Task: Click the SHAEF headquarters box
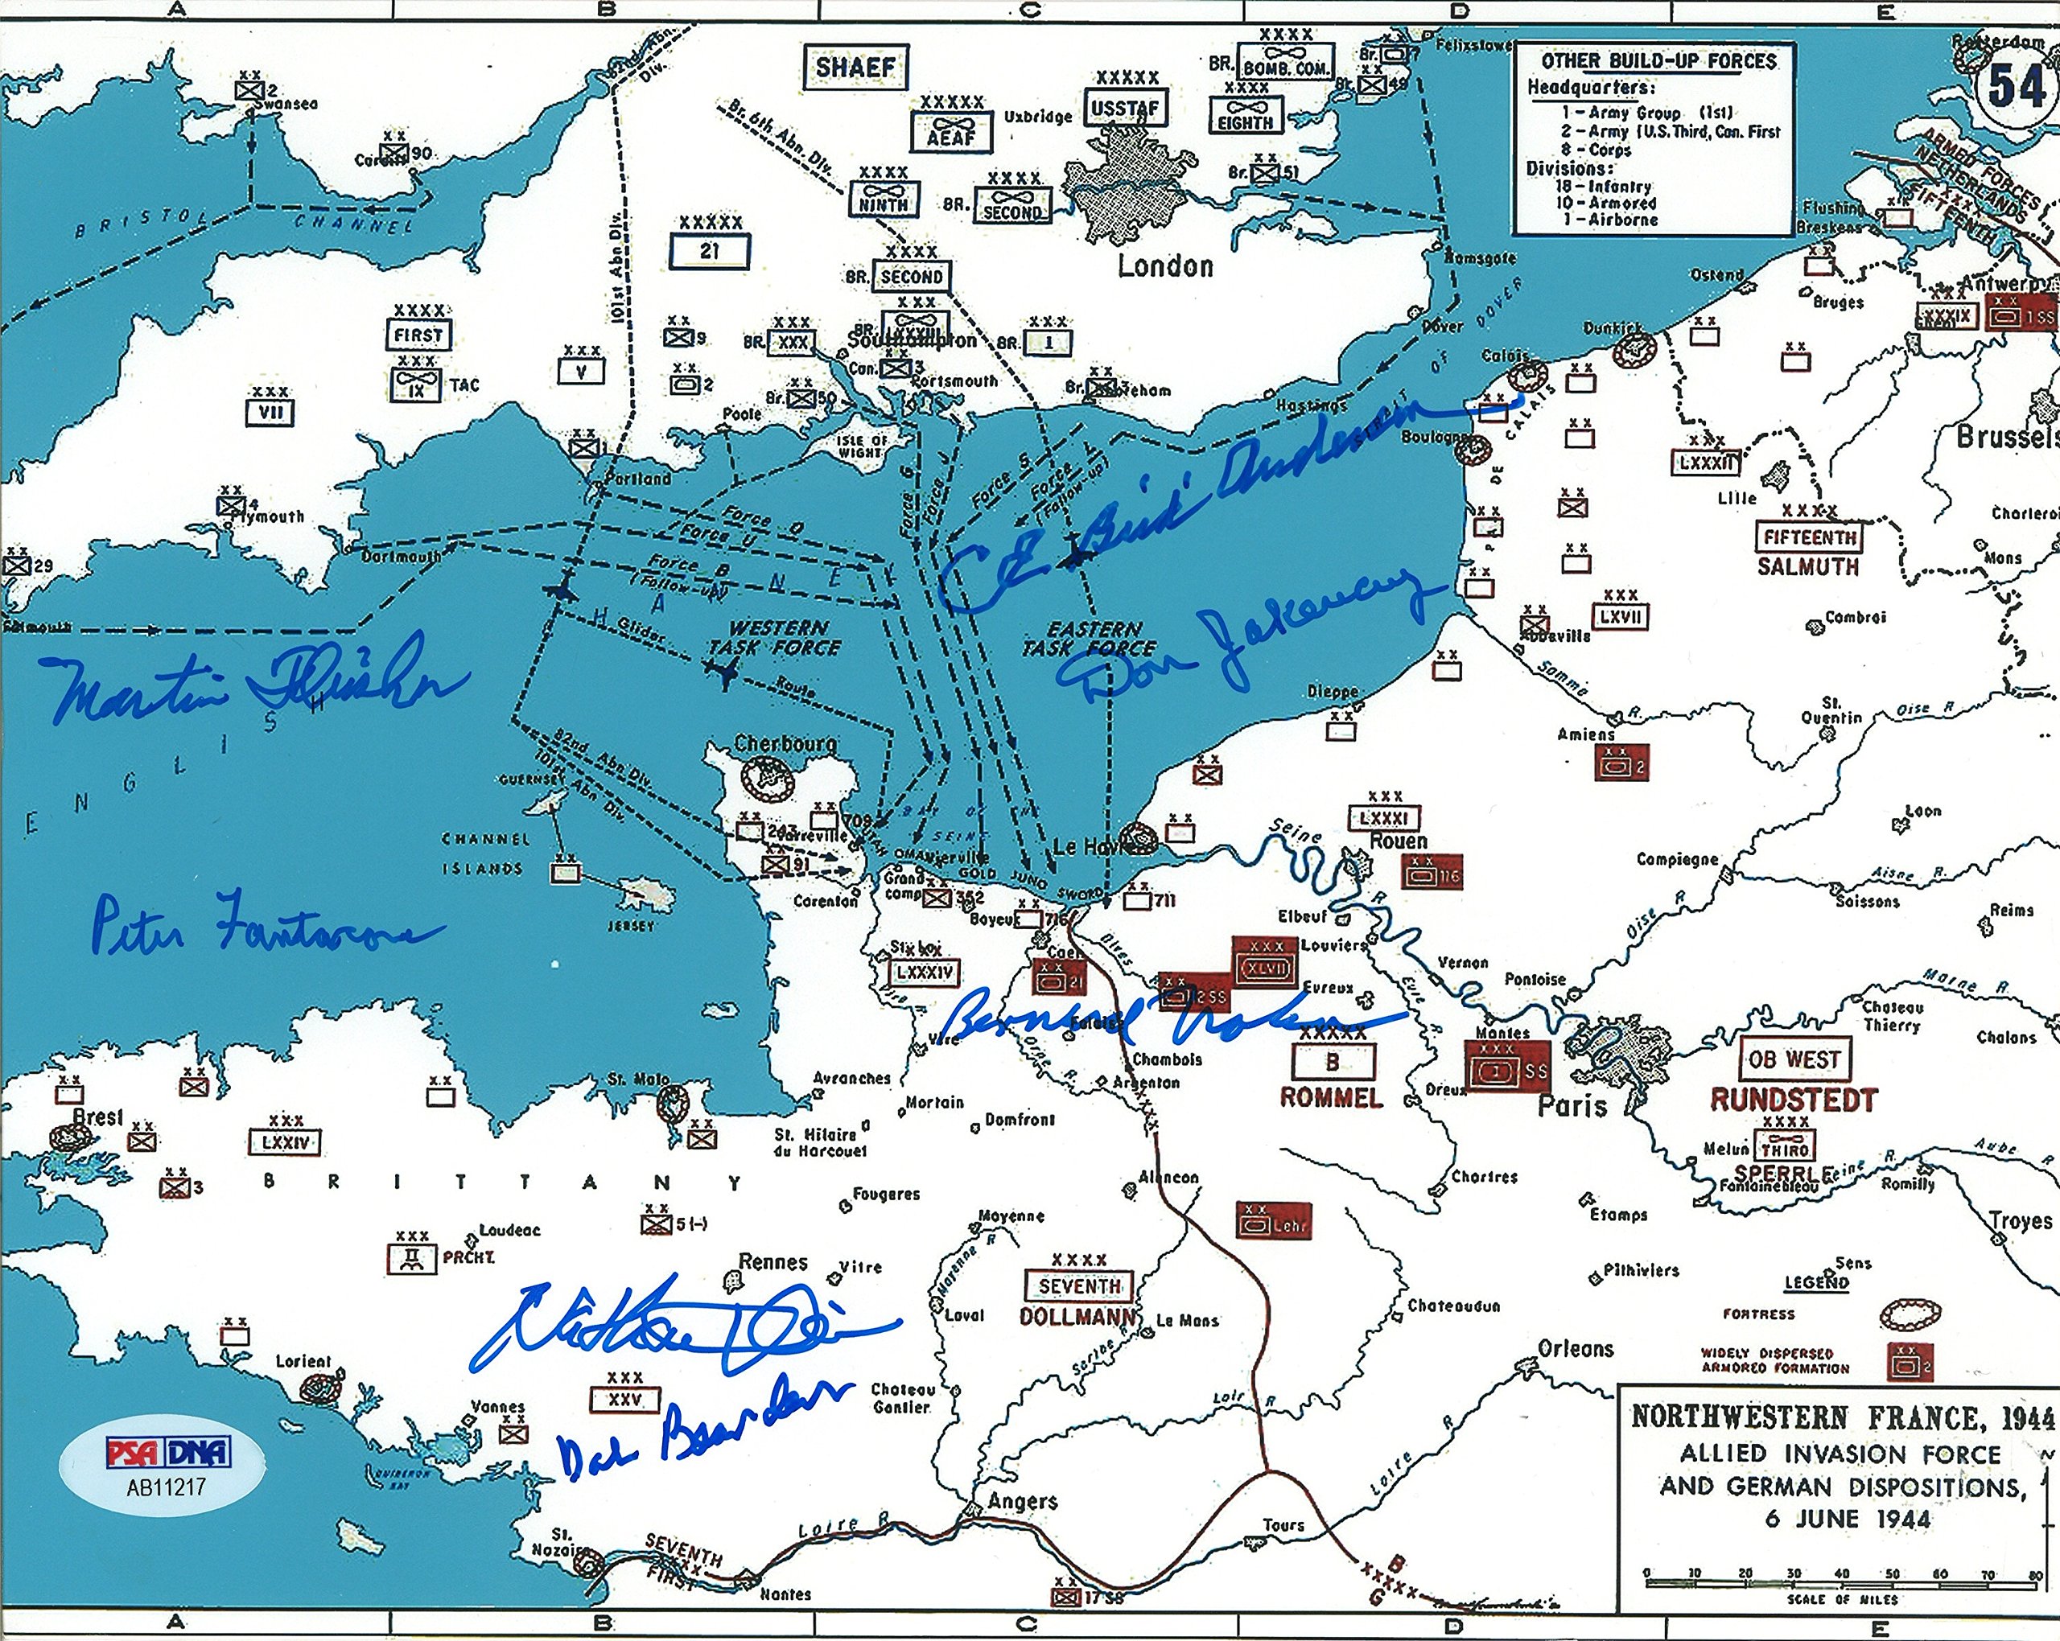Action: tap(855, 68)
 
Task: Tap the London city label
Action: tap(1164, 266)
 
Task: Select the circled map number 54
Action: tap(2015, 87)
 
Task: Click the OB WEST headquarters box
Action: tap(1794, 1059)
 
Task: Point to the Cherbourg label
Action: tap(785, 743)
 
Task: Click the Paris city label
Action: tap(1572, 1107)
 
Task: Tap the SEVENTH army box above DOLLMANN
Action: tap(1079, 1285)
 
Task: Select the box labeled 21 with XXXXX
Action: tap(709, 251)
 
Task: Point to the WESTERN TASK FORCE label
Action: tap(776, 638)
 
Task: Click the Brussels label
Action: tap(2004, 438)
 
